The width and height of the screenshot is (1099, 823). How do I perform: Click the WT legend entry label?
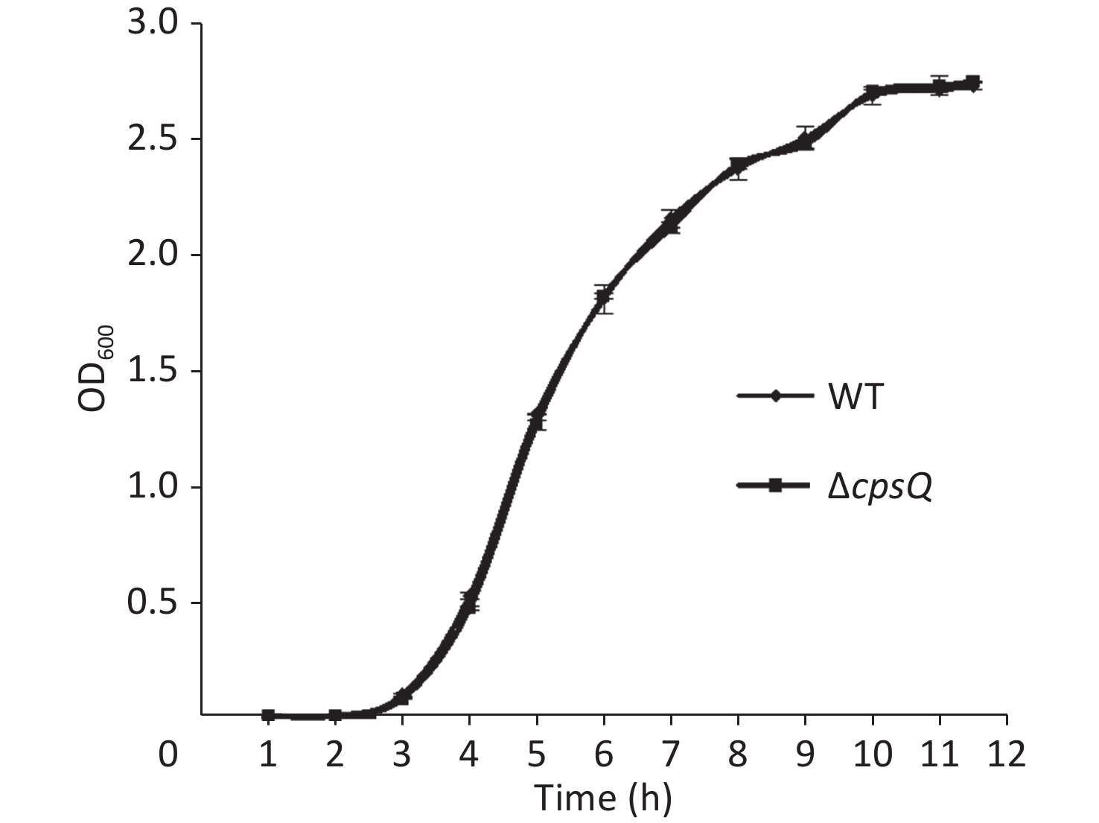(x=856, y=396)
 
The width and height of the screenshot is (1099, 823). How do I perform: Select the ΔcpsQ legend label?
(x=880, y=487)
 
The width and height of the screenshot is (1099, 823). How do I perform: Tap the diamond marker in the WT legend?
(x=775, y=396)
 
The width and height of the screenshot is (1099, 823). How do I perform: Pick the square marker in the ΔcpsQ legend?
(x=775, y=486)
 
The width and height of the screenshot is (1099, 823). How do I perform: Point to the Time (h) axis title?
(x=603, y=798)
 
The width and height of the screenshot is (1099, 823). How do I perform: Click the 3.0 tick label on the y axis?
(x=153, y=24)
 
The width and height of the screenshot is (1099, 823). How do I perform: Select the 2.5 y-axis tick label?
(x=153, y=140)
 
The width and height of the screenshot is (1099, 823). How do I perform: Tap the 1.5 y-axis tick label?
(x=153, y=372)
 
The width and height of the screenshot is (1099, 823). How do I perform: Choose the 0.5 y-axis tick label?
(x=153, y=603)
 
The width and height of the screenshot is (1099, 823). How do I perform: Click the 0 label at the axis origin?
(x=168, y=754)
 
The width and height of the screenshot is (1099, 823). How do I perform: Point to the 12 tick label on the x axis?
(x=1006, y=754)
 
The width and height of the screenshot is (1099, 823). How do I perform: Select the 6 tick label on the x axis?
(x=603, y=754)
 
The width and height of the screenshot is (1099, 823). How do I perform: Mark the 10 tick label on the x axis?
(x=872, y=754)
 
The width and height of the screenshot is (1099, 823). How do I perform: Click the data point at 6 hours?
(x=604, y=298)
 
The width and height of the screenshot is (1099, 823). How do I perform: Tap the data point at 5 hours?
(x=537, y=419)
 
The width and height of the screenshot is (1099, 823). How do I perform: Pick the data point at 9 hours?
(x=805, y=141)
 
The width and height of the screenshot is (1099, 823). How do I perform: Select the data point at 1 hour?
(x=268, y=715)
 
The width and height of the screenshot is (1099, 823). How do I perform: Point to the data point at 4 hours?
(x=470, y=601)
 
